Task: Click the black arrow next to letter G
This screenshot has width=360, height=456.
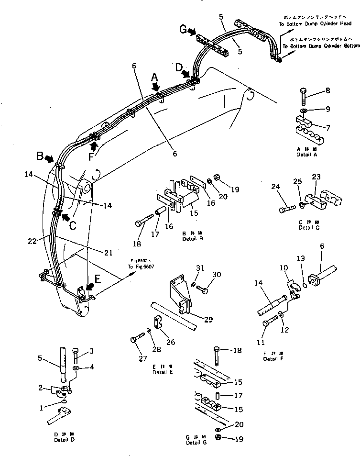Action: [x=192, y=32]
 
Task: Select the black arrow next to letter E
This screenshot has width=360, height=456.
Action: [x=89, y=288]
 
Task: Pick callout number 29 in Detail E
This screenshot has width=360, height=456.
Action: [x=208, y=320]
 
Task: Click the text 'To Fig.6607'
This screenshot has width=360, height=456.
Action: [x=141, y=267]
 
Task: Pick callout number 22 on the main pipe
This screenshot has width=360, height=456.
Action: [x=32, y=242]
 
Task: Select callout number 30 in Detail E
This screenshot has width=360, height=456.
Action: [x=217, y=275]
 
